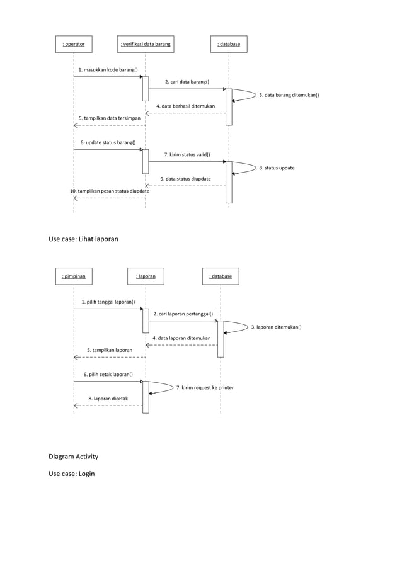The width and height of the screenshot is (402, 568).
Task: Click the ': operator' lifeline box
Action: (74, 44)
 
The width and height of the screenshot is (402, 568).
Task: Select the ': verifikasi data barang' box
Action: (146, 44)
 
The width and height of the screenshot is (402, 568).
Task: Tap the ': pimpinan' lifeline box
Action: (74, 276)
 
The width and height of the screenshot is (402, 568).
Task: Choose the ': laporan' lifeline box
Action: (146, 276)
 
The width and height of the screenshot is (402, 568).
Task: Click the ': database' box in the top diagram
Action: (229, 44)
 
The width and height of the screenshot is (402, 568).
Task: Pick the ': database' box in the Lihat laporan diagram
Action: (221, 276)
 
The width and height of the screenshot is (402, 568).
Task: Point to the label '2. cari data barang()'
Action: (187, 82)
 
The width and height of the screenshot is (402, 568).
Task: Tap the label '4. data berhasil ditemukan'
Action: (185, 106)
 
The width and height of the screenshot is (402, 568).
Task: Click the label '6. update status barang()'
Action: (108, 142)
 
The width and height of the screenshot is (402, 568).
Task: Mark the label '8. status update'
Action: (277, 168)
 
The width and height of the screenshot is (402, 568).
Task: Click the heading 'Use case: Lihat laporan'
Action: (83, 239)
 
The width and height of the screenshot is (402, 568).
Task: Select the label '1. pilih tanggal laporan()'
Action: (108, 302)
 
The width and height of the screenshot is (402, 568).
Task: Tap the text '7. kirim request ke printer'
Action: (205, 388)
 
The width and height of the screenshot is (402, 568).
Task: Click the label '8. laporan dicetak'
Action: (108, 399)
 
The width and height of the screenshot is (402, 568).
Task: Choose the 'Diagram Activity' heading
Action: (74, 457)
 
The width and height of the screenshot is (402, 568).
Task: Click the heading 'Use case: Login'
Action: (72, 474)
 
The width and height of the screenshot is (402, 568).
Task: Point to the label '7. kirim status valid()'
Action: (187, 154)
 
